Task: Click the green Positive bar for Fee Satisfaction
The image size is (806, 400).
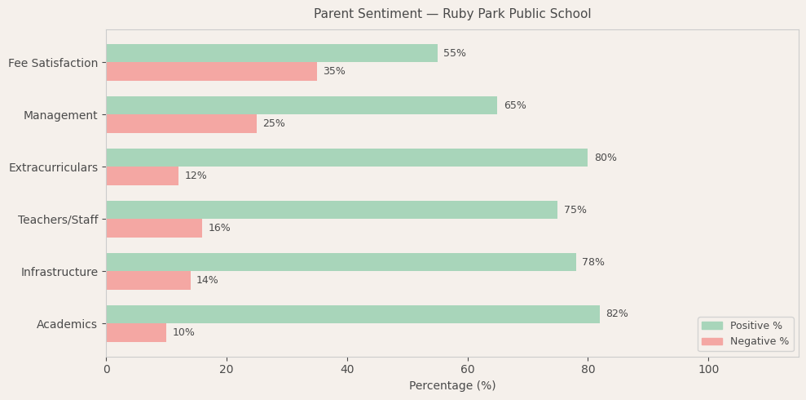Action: click(x=271, y=53)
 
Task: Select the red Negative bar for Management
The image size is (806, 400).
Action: click(x=181, y=123)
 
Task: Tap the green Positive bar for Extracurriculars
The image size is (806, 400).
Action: click(x=346, y=158)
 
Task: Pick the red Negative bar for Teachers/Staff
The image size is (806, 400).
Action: click(x=154, y=228)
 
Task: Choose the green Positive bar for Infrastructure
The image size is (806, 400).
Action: click(x=341, y=262)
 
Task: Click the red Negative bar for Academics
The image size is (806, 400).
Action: click(x=136, y=332)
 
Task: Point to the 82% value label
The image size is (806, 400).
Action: click(x=617, y=314)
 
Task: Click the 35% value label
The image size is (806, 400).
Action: click(x=334, y=72)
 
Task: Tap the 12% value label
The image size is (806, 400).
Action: click(x=196, y=176)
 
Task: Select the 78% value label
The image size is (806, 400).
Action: click(x=593, y=262)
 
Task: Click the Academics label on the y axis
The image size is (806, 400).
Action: click(x=67, y=324)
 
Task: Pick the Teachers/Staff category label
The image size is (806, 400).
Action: click(x=58, y=220)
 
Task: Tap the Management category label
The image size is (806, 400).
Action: click(x=60, y=115)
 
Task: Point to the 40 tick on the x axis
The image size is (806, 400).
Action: click(x=347, y=369)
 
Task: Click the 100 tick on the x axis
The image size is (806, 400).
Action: click(x=709, y=369)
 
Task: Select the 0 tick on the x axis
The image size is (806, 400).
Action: click(x=106, y=369)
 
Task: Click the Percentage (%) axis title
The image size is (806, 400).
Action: click(x=452, y=386)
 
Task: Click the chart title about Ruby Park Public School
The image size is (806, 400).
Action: click(x=452, y=14)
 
